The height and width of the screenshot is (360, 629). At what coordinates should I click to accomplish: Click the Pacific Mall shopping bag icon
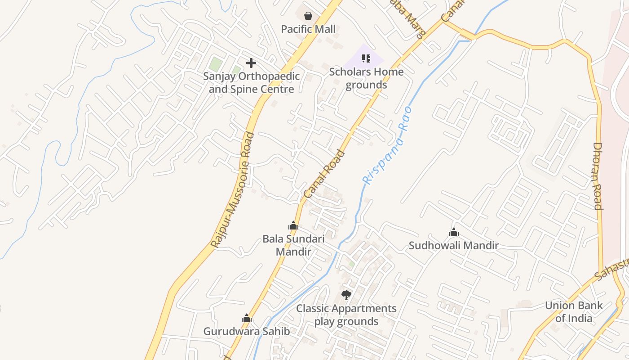308,16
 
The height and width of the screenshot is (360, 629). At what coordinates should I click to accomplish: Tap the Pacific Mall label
308,29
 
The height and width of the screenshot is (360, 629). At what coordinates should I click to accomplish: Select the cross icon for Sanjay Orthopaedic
251,63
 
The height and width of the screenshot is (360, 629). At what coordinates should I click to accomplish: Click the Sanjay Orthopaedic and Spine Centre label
251,83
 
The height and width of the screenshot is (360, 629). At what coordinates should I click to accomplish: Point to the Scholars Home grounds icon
366,58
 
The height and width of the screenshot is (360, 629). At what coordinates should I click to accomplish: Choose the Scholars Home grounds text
366,78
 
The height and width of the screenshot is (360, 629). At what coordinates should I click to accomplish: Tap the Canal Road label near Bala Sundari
324,174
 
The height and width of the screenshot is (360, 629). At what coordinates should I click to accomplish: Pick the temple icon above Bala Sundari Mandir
293,225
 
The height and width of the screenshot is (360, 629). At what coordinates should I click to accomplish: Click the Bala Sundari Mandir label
293,245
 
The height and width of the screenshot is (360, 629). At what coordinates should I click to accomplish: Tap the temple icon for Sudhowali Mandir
454,233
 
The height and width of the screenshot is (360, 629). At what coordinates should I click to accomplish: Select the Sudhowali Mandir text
454,246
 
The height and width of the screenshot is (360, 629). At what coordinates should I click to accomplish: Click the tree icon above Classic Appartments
346,295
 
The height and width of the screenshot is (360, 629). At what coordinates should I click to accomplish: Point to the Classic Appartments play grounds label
346,315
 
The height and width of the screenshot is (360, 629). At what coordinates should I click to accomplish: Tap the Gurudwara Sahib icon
246,319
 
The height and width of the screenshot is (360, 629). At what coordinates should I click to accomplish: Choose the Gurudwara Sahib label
246,332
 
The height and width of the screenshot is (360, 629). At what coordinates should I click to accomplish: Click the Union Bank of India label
573,312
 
